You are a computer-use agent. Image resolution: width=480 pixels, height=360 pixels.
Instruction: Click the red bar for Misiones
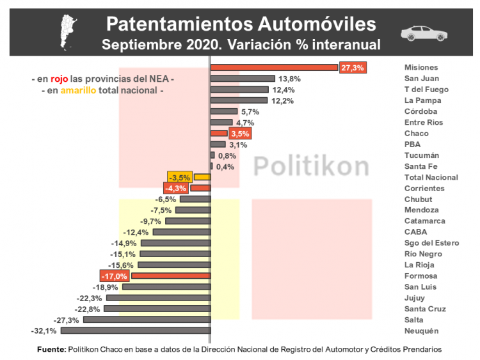click(x=274, y=68)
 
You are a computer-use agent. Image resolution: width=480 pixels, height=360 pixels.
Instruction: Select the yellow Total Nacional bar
click(x=202, y=177)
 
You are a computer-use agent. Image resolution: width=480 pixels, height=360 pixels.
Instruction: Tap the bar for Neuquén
click(x=135, y=331)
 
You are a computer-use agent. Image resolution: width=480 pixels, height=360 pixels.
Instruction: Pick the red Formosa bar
click(x=171, y=276)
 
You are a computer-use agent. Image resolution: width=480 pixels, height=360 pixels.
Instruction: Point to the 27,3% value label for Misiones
click(x=353, y=68)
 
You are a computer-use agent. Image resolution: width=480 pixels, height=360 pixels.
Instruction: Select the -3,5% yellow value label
click(x=180, y=177)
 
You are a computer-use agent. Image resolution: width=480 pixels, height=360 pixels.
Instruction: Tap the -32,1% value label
click(x=44, y=331)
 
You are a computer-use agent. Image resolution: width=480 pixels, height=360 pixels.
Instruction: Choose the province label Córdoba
click(x=421, y=111)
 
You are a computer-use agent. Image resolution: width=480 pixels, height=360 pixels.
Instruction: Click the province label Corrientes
click(x=424, y=188)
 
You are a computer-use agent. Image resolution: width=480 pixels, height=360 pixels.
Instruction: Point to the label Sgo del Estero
click(x=431, y=243)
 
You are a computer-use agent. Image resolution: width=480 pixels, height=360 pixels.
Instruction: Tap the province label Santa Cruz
click(x=425, y=309)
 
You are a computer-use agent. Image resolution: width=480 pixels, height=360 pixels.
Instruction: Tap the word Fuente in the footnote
click(x=51, y=350)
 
